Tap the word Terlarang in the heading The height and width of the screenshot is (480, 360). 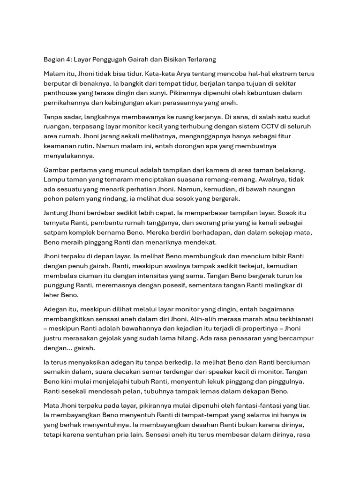click(x=200, y=60)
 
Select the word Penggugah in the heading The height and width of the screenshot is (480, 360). click(x=119, y=60)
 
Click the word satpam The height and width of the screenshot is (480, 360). click(x=55, y=232)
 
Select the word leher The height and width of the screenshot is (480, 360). click(x=52, y=295)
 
